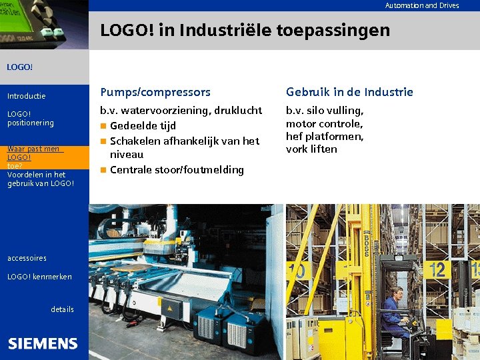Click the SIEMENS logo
coord(43,343)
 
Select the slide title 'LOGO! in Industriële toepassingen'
coord(245,30)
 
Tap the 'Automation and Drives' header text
coord(421,5)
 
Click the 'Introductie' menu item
coord(27,96)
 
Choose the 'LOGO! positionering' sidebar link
coord(30,118)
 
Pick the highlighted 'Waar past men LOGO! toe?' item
coord(33,157)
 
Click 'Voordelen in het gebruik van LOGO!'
coord(40,179)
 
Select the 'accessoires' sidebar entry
coord(27,258)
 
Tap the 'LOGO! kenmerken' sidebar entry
coord(39,277)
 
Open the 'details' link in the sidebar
coord(62,309)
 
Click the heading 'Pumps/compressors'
coord(155,92)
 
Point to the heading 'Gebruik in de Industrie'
coord(349,92)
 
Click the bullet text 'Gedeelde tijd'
coord(143,125)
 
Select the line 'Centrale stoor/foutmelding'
coord(177,169)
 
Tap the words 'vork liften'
coord(311,149)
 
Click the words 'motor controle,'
coord(324,123)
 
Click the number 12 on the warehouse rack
coord(437,269)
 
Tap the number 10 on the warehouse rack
coord(297,271)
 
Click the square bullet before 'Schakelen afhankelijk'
coord(103,141)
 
